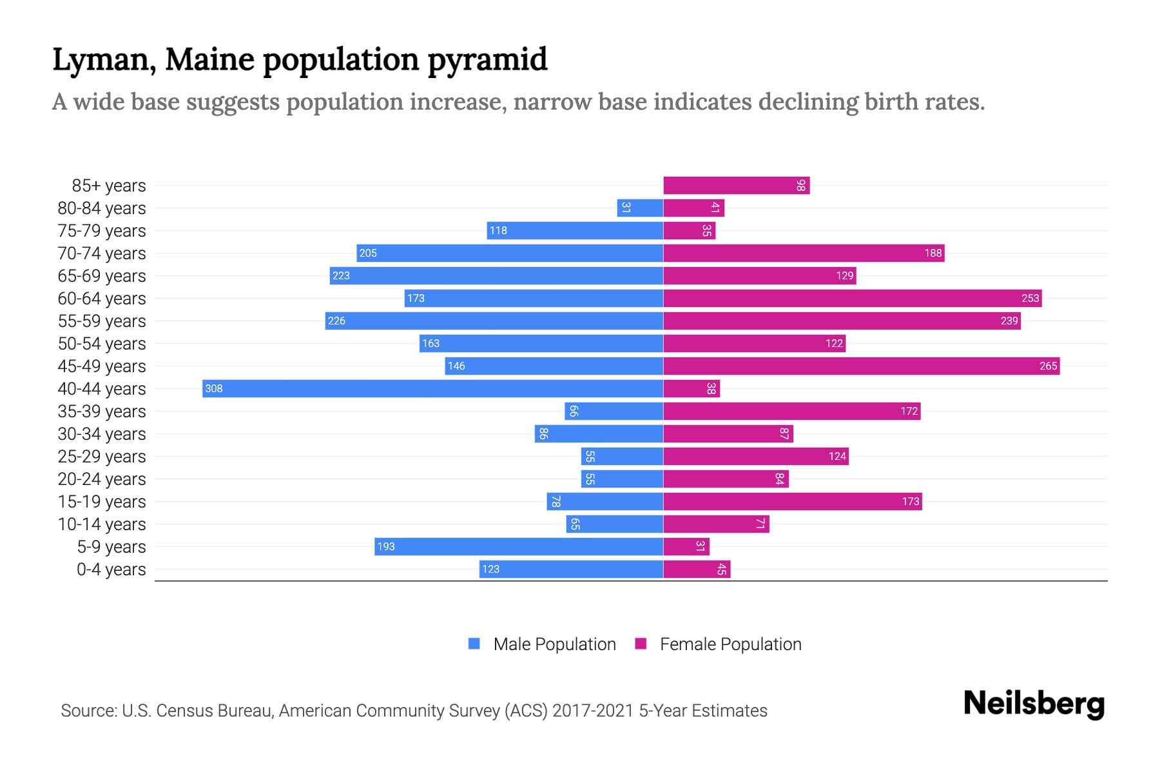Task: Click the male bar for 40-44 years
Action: click(432, 388)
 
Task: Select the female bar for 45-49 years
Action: click(861, 366)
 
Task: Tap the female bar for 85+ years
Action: click(736, 185)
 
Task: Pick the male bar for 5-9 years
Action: click(519, 546)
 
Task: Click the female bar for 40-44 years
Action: click(691, 388)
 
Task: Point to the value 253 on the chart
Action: click(1030, 298)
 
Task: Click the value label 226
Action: click(336, 321)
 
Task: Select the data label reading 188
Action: click(933, 253)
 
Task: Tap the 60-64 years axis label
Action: click(102, 299)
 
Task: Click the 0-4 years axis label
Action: click(111, 570)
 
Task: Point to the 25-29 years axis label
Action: click(102, 457)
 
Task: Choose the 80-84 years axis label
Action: click(102, 208)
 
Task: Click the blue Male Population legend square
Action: click(474, 644)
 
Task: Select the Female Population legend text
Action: click(730, 644)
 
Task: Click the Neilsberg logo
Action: click(1034, 703)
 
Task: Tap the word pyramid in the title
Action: click(487, 59)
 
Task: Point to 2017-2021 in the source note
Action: click(593, 710)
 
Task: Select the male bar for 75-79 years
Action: click(575, 230)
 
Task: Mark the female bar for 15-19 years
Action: click(792, 501)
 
